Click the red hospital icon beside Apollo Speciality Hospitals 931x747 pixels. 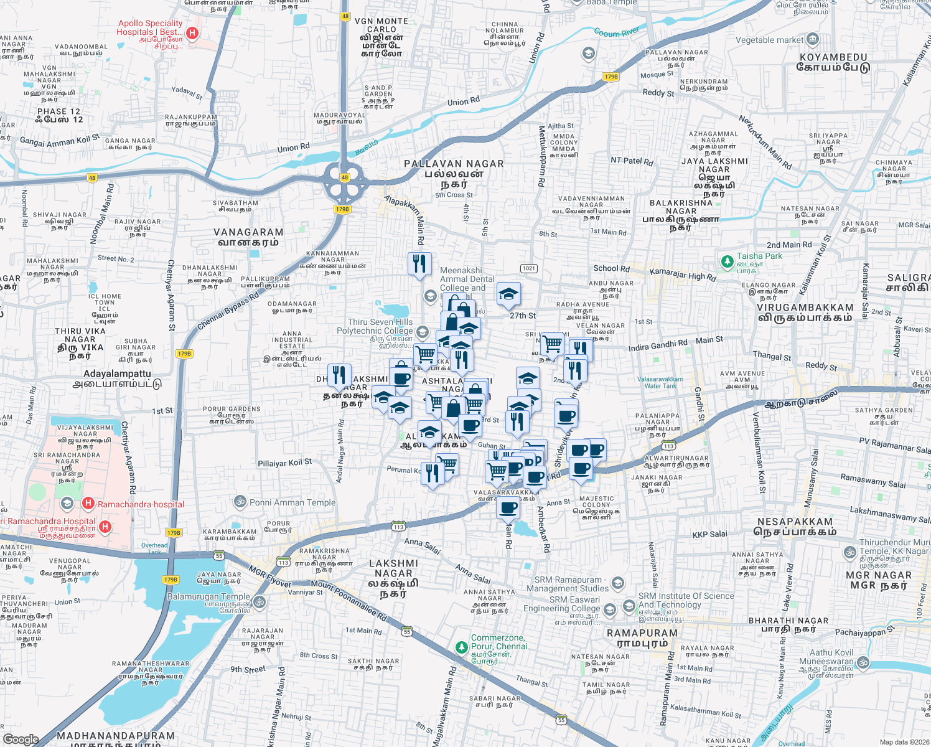click(x=192, y=33)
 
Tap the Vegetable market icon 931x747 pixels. click(x=813, y=40)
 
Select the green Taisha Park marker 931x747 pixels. click(x=726, y=262)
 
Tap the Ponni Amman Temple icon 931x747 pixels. click(x=240, y=502)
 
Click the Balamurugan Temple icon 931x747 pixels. click(x=260, y=601)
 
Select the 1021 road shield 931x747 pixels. click(x=528, y=268)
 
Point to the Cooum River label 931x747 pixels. click(x=616, y=32)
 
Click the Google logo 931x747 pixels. click(x=21, y=739)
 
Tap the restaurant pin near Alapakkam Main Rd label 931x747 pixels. click(x=419, y=263)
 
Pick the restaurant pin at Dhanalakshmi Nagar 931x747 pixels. click(x=339, y=374)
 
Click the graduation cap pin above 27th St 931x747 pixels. click(x=508, y=294)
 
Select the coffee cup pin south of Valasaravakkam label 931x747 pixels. click(x=508, y=507)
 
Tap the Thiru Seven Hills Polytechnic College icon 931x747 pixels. click(x=423, y=332)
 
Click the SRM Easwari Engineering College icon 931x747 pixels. click(x=611, y=608)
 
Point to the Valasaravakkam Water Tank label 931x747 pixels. click(x=660, y=382)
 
